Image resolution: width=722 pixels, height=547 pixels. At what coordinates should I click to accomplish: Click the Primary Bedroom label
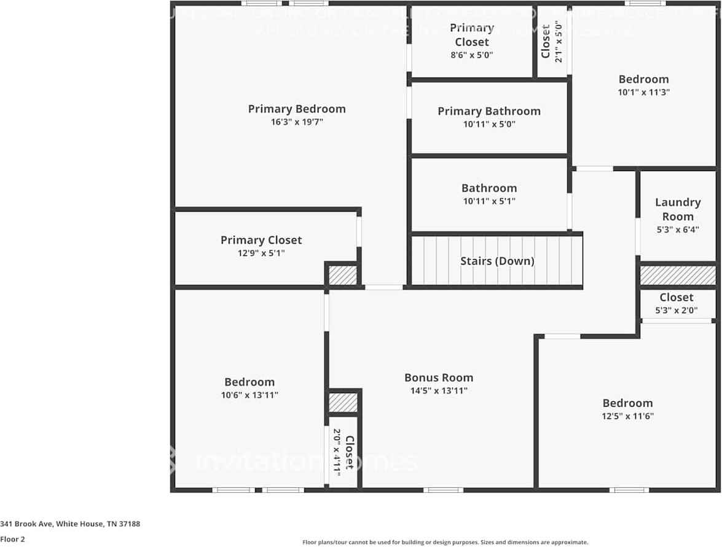[297, 109]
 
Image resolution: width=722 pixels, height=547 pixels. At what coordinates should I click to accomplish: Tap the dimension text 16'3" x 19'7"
[297, 122]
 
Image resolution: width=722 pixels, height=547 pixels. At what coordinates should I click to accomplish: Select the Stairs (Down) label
[497, 261]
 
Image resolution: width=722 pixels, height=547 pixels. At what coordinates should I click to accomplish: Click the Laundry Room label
[678, 209]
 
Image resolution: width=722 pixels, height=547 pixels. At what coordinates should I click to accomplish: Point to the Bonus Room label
[439, 378]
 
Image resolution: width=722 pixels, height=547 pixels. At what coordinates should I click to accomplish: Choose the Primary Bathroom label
[489, 111]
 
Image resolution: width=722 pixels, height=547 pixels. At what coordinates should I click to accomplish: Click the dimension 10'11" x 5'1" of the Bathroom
[489, 201]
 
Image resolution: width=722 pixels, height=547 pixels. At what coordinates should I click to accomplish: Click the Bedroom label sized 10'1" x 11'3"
[643, 79]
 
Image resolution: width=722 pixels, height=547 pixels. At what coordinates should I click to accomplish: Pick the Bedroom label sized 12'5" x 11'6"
[627, 403]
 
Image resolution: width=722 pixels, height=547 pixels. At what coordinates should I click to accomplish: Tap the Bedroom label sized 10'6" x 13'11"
[249, 382]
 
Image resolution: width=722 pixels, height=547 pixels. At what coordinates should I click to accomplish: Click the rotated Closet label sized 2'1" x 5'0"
[546, 41]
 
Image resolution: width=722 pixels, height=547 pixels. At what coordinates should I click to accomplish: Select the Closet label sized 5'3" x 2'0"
[677, 297]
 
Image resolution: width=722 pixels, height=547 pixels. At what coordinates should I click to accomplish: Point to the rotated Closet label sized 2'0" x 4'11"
[349, 452]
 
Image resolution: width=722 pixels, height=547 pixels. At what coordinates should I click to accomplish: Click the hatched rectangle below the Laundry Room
[678, 275]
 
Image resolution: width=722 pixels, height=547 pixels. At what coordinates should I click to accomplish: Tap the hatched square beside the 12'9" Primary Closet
[342, 275]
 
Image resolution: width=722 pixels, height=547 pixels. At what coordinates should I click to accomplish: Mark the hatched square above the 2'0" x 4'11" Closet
[342, 403]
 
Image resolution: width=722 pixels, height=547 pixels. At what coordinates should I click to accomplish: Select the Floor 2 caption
[12, 539]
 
